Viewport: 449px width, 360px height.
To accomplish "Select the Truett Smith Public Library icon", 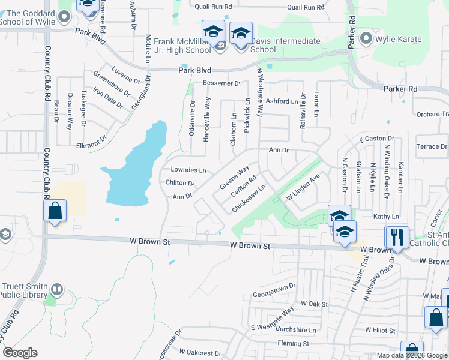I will [x=57, y=289].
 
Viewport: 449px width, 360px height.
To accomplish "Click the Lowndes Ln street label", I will [x=188, y=170].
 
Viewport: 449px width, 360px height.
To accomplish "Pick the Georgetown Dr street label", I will [x=274, y=286].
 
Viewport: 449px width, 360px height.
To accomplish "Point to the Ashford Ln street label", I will [x=282, y=101].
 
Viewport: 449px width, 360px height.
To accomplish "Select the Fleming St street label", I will [x=293, y=344].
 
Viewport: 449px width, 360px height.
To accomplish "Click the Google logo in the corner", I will [x=20, y=353].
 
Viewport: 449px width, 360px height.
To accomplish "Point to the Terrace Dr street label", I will [x=432, y=146].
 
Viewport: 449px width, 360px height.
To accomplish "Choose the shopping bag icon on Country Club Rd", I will [x=55, y=211].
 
